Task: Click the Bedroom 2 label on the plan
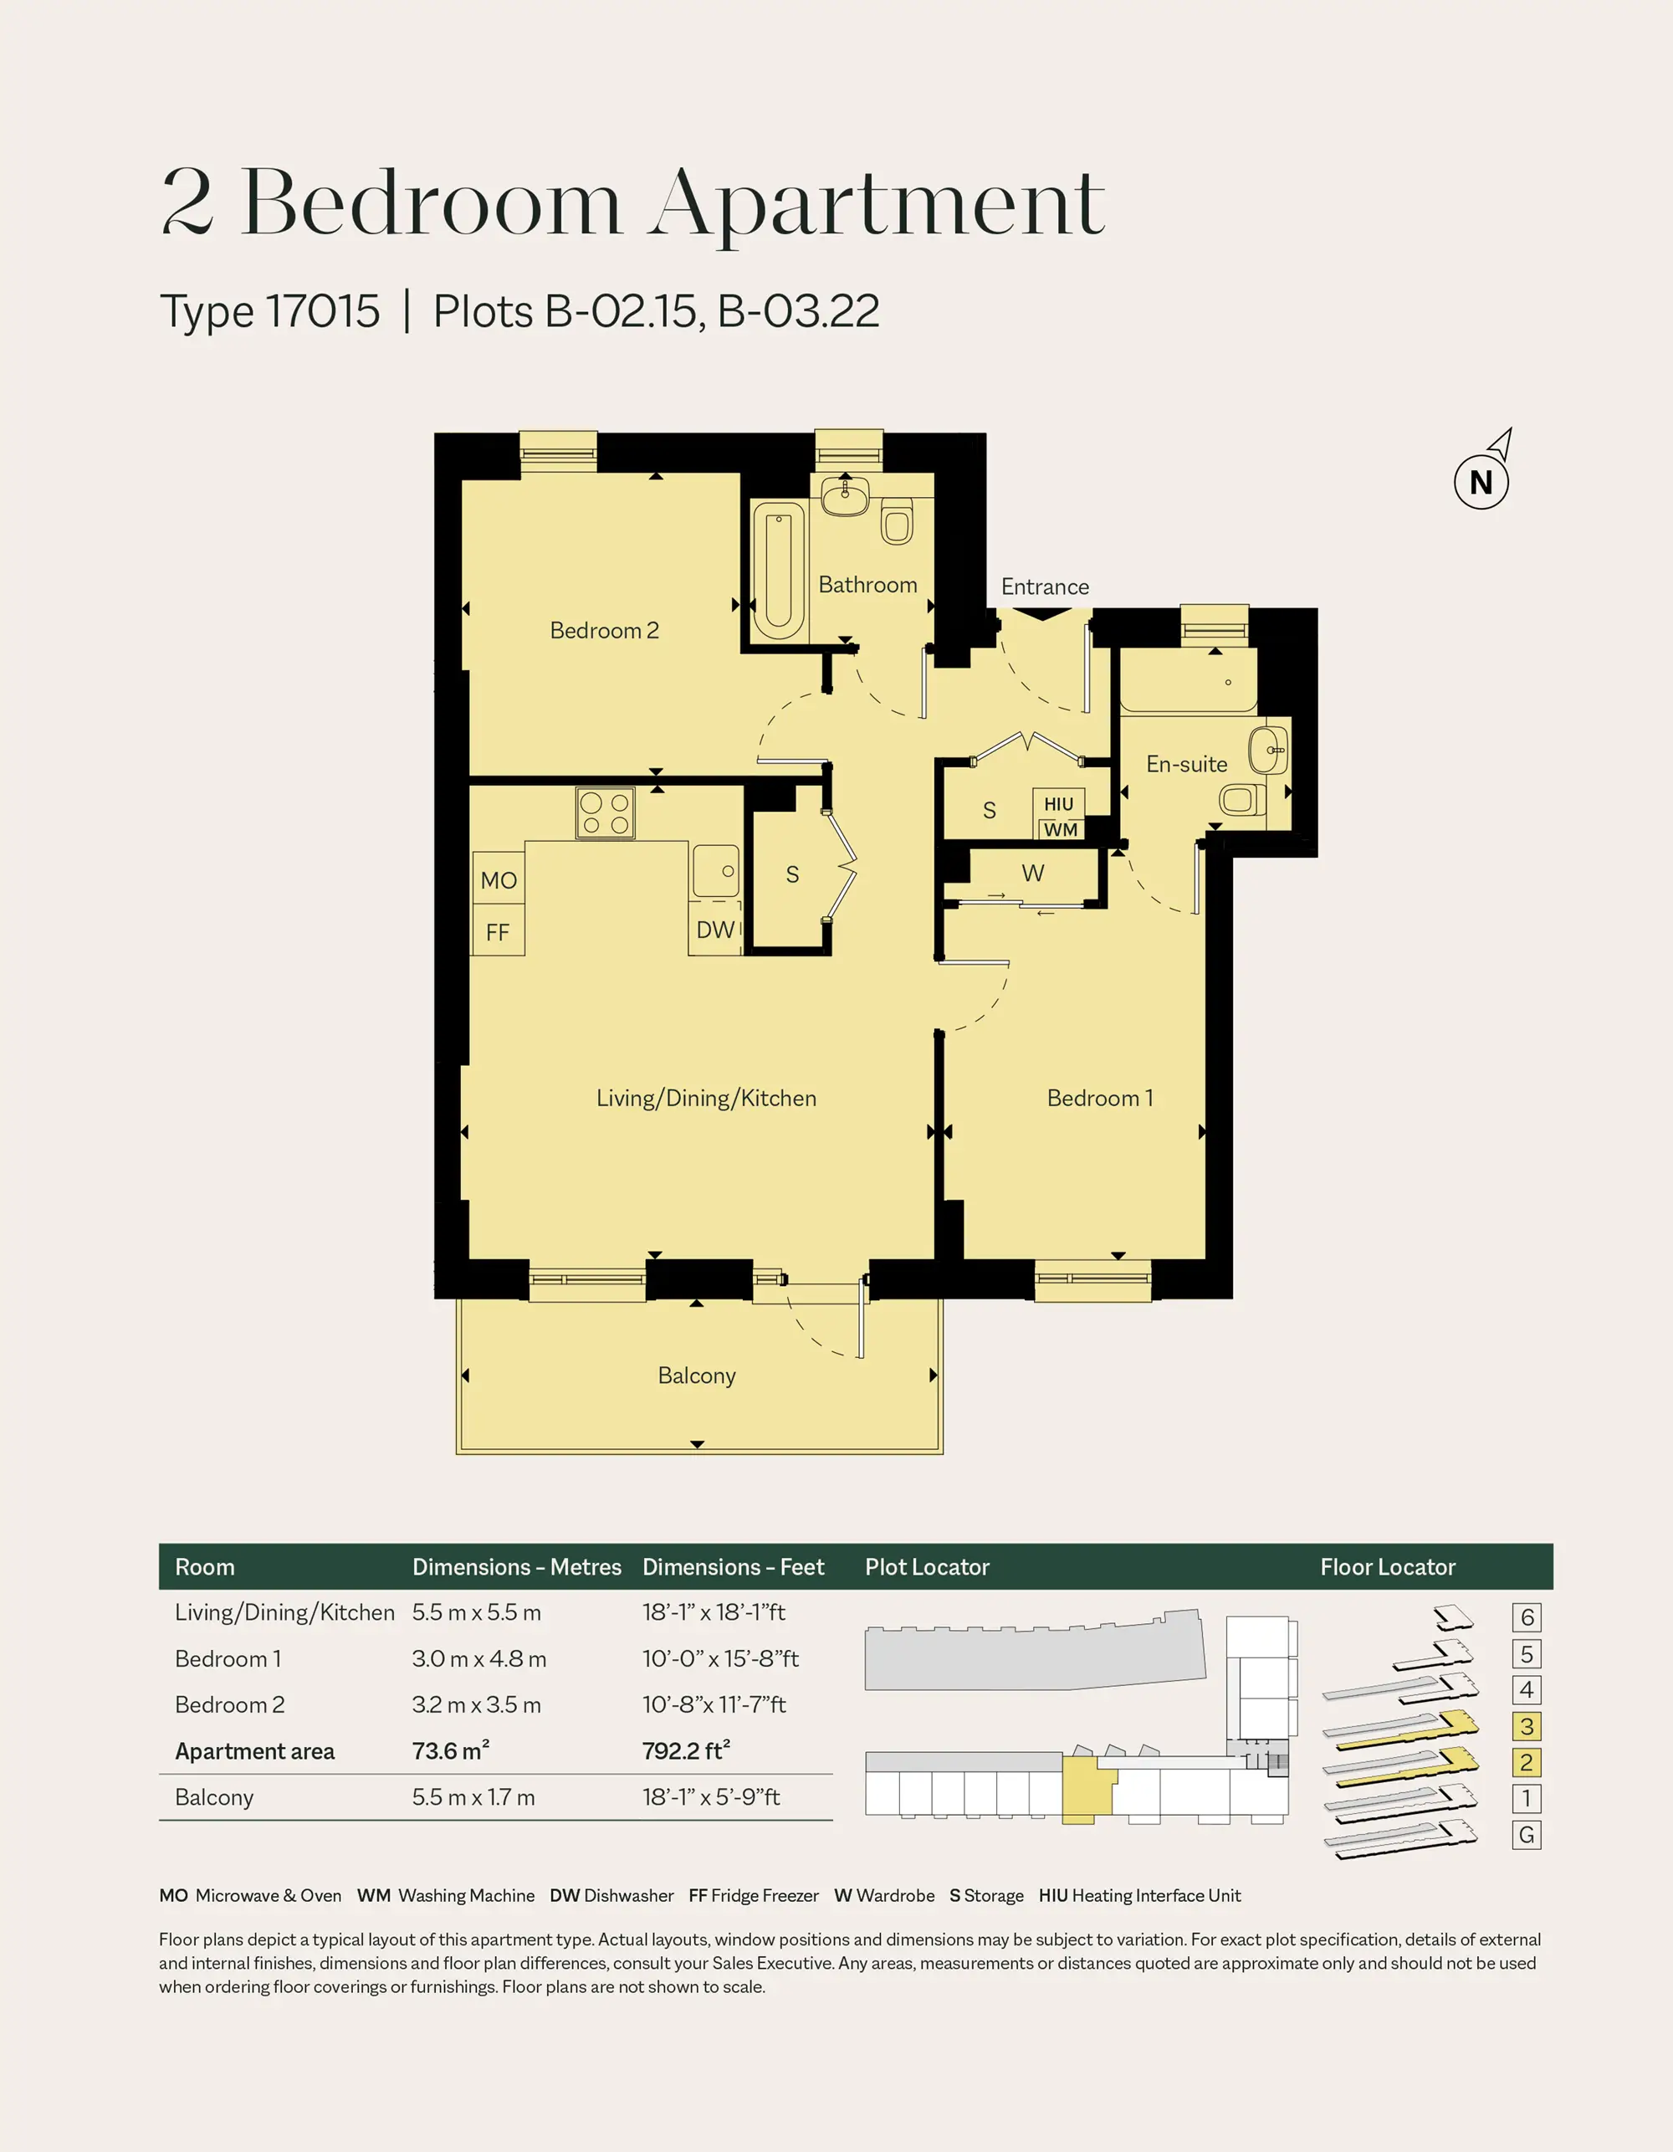click(x=604, y=631)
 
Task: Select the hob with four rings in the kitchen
click(x=605, y=814)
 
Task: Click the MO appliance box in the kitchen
click(x=499, y=880)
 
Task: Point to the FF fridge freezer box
click(x=499, y=931)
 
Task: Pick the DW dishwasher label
click(x=715, y=930)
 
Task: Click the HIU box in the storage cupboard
click(x=1059, y=804)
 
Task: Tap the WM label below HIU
click(x=1060, y=830)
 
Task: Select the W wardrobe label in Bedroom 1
click(x=1032, y=873)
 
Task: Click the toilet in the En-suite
click(x=1242, y=799)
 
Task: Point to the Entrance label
click(x=1046, y=587)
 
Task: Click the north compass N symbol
click(x=1481, y=482)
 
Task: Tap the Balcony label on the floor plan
click(x=697, y=1376)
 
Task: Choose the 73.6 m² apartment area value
click(x=450, y=1751)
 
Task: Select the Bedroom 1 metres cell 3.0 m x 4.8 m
click(x=478, y=1658)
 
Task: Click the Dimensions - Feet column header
click(x=733, y=1566)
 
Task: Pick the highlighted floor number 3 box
click(x=1526, y=1726)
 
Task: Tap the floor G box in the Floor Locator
click(x=1526, y=1835)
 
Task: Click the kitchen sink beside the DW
click(x=715, y=871)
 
